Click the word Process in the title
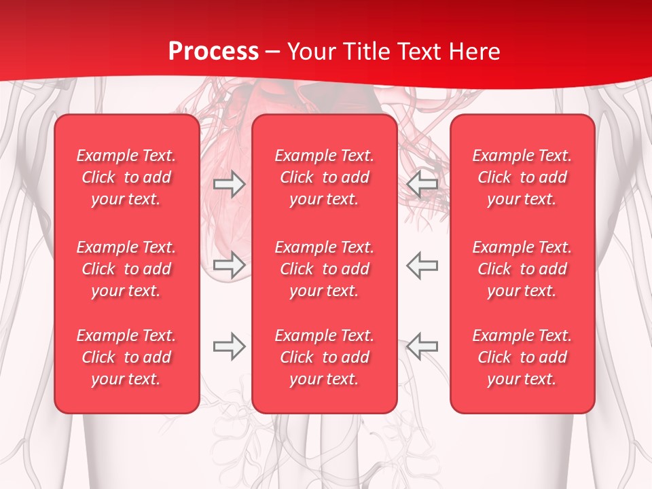coord(213,52)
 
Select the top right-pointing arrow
coord(229,184)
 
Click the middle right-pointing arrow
coord(229,265)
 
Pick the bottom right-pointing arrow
coord(229,346)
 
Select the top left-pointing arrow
coord(422,184)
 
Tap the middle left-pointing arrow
coord(422,265)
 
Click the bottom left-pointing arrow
coord(422,346)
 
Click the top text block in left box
coord(126,177)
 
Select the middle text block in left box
coord(126,269)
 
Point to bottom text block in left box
coord(126,357)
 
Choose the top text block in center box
coord(325,177)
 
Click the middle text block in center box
coord(325,269)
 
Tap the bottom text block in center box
coord(325,357)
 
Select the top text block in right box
coord(522,177)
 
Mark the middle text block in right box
coord(522,269)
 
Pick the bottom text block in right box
coord(522,357)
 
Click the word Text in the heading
coord(416,52)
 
